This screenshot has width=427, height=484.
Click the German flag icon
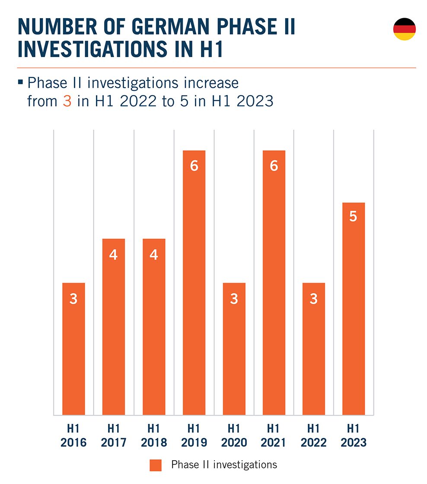tap(404, 29)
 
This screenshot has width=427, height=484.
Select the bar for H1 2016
tap(73, 349)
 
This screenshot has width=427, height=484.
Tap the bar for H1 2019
tap(194, 283)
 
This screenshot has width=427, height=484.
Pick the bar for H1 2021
tap(274, 283)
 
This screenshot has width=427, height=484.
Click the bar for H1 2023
tap(353, 309)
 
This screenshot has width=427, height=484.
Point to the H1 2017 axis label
tap(114, 436)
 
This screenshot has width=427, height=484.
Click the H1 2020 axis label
tap(234, 436)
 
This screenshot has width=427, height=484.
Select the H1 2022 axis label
tap(314, 436)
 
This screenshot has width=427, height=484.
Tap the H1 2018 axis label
tap(154, 436)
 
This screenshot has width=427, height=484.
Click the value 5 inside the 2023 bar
tap(353, 217)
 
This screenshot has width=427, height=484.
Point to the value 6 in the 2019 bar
tap(194, 166)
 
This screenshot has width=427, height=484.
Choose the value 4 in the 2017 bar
tap(114, 255)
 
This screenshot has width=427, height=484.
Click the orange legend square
tap(156, 465)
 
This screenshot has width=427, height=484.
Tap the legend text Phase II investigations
tap(224, 465)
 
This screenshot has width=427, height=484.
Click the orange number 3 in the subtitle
tap(67, 101)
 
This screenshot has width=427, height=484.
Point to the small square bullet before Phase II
tap(21, 81)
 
